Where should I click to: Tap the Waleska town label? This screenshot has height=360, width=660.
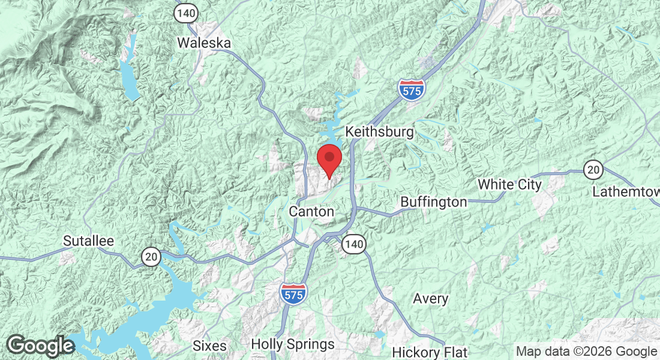[x=205, y=43]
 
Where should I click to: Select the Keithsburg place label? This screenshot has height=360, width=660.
[x=380, y=131]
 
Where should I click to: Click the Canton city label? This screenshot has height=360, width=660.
[x=311, y=211]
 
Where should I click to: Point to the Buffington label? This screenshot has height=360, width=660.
[x=433, y=202]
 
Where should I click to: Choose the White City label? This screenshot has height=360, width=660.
[x=509, y=184]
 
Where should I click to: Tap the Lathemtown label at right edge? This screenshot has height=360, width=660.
[x=625, y=192]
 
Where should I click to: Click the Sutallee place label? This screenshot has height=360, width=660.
[x=89, y=241]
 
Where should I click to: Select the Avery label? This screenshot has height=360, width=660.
[x=431, y=298]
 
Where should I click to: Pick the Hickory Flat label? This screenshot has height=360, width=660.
[x=430, y=352]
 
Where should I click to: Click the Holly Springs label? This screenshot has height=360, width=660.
[x=293, y=344]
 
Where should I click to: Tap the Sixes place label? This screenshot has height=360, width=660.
[x=209, y=346]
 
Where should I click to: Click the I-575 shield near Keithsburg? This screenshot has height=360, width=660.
[x=411, y=89]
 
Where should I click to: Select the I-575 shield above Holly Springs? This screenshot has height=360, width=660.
[x=293, y=293]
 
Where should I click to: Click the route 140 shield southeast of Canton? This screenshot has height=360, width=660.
[x=354, y=244]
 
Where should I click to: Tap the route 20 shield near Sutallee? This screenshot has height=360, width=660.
[x=152, y=257]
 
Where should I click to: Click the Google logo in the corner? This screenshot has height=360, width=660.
[x=40, y=346]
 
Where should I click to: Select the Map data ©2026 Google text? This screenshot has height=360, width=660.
[x=586, y=352]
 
